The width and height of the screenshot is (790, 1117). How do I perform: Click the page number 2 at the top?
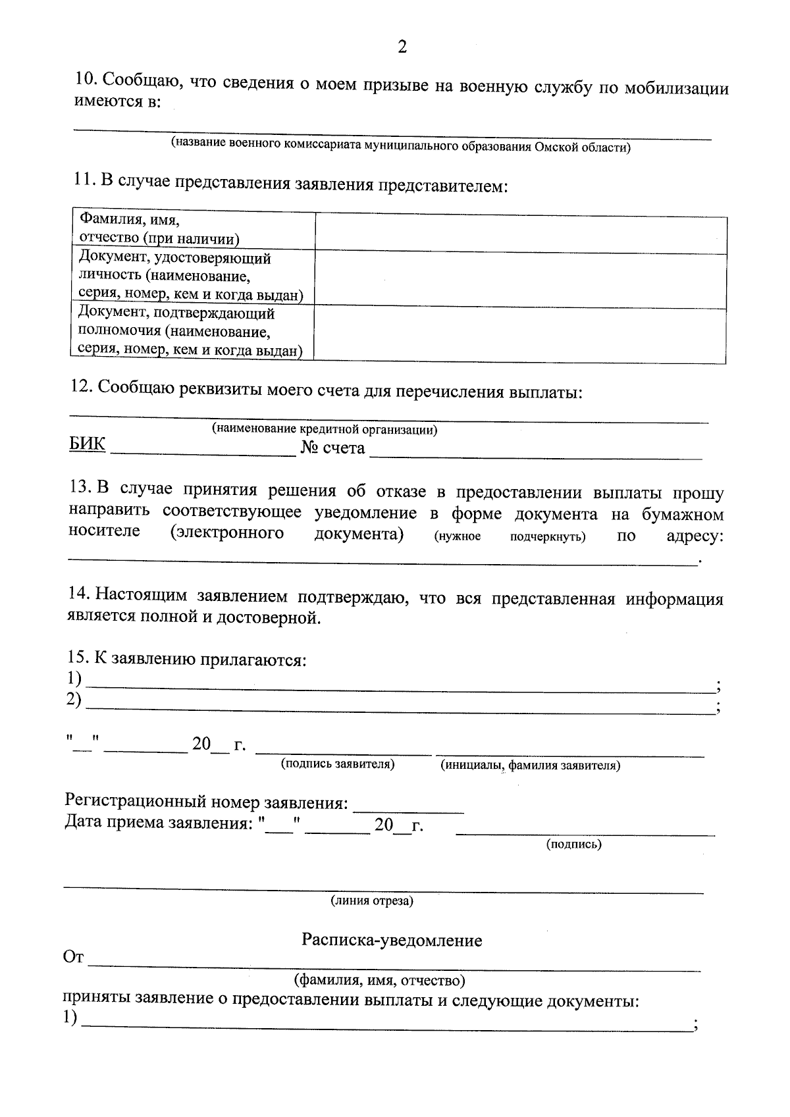pyautogui.click(x=402, y=47)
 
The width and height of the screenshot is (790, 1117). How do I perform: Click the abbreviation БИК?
pyautogui.click(x=87, y=445)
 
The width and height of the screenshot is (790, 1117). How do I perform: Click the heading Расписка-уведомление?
pyautogui.click(x=392, y=940)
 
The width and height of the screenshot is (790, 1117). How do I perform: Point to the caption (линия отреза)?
pyautogui.click(x=372, y=901)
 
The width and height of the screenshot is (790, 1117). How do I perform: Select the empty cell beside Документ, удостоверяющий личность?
pyautogui.click(x=520, y=280)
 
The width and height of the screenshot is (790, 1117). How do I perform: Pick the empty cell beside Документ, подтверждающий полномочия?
pyautogui.click(x=520, y=336)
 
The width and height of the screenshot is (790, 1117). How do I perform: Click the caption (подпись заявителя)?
pyautogui.click(x=338, y=764)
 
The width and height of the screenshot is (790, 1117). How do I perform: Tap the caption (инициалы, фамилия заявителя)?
pyautogui.click(x=530, y=766)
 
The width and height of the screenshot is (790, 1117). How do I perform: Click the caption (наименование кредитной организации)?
pyautogui.click(x=325, y=430)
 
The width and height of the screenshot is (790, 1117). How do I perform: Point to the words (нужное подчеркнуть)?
pyautogui.click(x=510, y=536)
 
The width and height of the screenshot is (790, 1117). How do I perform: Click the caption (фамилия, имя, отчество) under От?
pyautogui.click(x=380, y=981)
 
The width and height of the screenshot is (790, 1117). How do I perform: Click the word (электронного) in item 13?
pyautogui.click(x=226, y=533)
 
